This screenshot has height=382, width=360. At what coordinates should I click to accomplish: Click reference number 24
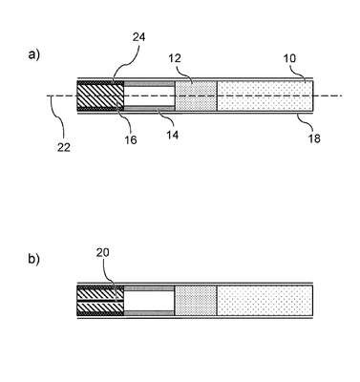pyautogui.click(x=138, y=37)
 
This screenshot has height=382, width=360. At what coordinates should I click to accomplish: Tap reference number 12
pyautogui.click(x=175, y=58)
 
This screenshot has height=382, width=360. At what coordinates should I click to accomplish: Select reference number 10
pyautogui.click(x=289, y=58)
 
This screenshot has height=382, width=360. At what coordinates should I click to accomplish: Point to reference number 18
pyautogui.click(x=314, y=138)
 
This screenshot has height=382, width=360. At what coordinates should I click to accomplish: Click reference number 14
pyautogui.click(x=172, y=135)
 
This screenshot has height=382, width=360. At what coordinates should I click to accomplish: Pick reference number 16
pyautogui.click(x=131, y=139)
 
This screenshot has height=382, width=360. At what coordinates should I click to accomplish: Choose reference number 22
pyautogui.click(x=64, y=147)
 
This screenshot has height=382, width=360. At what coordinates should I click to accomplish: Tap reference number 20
pyautogui.click(x=102, y=252)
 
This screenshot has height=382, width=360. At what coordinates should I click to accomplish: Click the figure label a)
pyautogui.click(x=33, y=54)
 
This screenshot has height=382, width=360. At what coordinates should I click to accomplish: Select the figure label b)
pyautogui.click(x=33, y=259)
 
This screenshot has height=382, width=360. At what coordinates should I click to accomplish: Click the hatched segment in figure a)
pyautogui.click(x=100, y=95)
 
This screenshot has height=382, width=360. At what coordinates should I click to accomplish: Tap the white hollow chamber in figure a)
pyautogui.click(x=149, y=95)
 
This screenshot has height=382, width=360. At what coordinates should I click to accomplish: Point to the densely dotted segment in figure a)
pyautogui.click(x=196, y=95)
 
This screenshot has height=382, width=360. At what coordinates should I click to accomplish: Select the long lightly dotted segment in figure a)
pyautogui.click(x=265, y=95)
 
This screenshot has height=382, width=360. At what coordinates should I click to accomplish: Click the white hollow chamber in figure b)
pyautogui.click(x=149, y=301)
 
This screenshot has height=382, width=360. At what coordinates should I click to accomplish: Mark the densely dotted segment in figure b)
pyautogui.click(x=196, y=301)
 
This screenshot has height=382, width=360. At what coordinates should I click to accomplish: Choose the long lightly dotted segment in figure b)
pyautogui.click(x=265, y=301)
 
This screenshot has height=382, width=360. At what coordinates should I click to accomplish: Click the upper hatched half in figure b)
pyautogui.click(x=100, y=293)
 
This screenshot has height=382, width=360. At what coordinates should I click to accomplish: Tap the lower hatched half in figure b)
pyautogui.click(x=100, y=308)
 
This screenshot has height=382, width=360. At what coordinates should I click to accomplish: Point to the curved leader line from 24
pyautogui.click(x=125, y=65)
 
